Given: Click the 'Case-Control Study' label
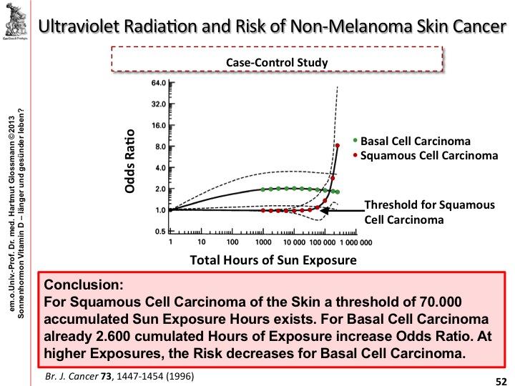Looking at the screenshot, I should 277,62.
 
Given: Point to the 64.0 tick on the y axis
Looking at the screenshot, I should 157,83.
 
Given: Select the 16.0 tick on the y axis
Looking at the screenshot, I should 157,125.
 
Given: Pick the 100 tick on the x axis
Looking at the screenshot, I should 231,242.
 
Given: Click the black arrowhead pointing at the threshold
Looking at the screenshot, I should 323,211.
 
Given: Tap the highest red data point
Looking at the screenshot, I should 337,146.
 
